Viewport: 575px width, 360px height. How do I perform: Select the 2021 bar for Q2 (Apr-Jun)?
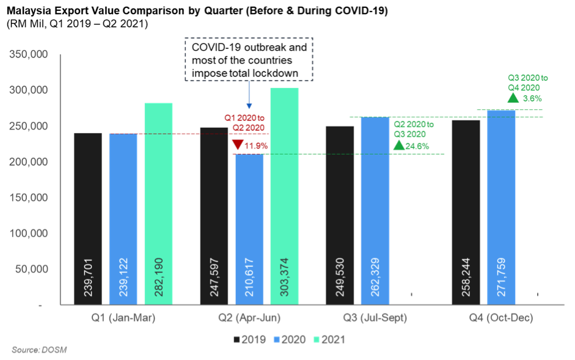pyautogui.click(x=284, y=196)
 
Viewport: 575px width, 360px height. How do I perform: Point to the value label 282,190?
pyautogui.click(x=159, y=281)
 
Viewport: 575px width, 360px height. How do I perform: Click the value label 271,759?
pyautogui.click(x=502, y=281)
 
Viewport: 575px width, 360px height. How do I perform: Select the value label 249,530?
pyautogui.click(x=340, y=281)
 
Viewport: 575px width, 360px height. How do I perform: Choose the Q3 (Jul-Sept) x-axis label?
pyautogui.click(x=375, y=318)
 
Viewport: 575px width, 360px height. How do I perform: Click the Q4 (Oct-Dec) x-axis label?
pyautogui.click(x=501, y=318)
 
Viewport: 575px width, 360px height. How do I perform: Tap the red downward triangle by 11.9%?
pyautogui.click(x=237, y=145)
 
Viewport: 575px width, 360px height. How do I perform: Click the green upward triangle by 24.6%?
pyautogui.click(x=398, y=145)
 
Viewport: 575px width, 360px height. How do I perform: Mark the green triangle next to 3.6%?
pyautogui.click(x=513, y=97)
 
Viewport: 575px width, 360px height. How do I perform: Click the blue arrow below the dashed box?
pyautogui.click(x=249, y=95)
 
